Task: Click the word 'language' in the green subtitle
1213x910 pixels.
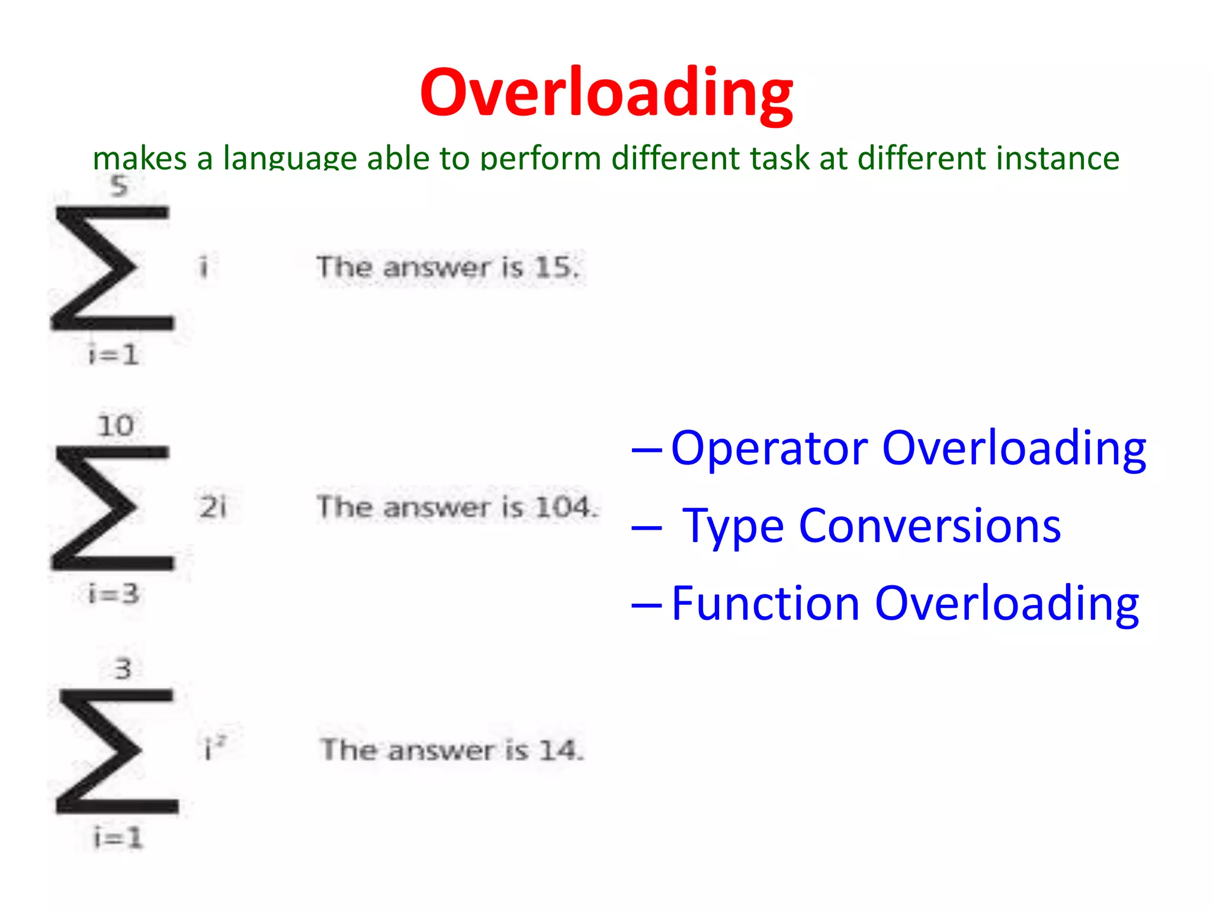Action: pos(290,159)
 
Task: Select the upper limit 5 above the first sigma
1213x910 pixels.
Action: pos(119,186)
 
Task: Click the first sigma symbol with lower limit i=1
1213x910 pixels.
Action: pos(113,268)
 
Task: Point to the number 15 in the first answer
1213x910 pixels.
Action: pos(553,267)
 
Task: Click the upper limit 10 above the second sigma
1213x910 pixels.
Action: pos(116,426)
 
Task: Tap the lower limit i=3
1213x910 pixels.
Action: pos(113,594)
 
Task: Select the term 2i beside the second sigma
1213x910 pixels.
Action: pos(213,507)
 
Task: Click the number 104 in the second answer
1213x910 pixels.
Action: pos(562,507)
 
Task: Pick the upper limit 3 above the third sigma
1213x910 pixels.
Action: pos(123,669)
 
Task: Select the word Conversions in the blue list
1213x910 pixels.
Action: pos(929,526)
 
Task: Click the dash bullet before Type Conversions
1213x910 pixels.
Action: pos(646,527)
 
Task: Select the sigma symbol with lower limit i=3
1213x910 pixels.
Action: pos(113,508)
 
